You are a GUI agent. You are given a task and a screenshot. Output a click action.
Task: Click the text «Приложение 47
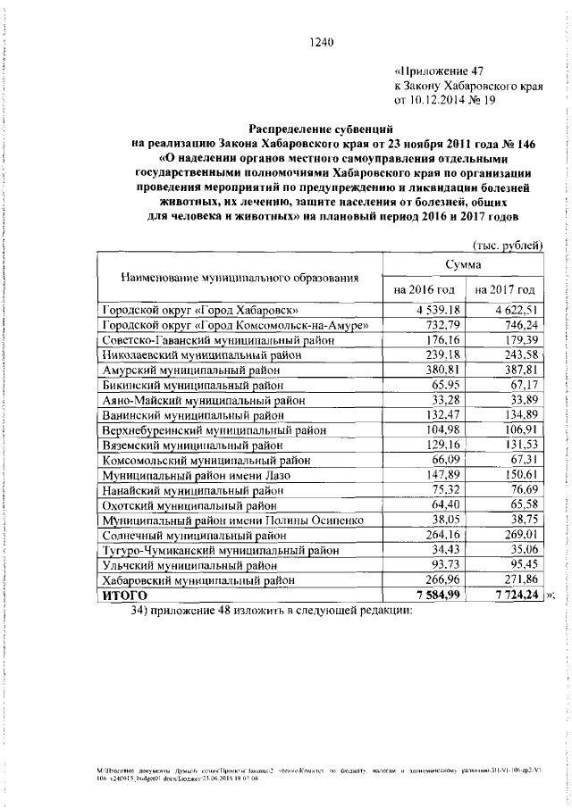click(443, 71)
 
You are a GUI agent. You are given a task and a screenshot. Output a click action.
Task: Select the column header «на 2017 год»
click(505, 290)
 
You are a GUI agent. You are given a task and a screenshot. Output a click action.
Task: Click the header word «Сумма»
click(464, 265)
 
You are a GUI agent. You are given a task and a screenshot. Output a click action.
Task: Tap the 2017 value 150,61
click(518, 475)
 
